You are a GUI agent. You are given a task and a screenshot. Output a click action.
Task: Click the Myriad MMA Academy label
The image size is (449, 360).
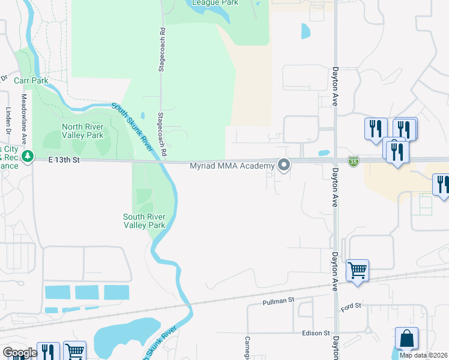coord(232,166)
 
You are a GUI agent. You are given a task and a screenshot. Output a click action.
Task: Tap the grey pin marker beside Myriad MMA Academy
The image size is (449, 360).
coord(284,164)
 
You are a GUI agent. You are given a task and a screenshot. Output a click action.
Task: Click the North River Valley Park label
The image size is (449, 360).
coord(83,131)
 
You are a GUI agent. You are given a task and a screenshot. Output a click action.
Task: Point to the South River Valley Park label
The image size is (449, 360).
coord(144,221)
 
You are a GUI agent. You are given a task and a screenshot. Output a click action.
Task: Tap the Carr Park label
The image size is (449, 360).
coord(31,80)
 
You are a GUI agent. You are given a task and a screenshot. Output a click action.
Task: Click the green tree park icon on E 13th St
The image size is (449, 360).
coord(27,157)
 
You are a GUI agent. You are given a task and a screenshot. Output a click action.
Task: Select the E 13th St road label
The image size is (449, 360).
coord(64,160)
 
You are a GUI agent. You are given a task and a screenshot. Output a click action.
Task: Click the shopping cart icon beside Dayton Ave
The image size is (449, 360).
coord(358,270)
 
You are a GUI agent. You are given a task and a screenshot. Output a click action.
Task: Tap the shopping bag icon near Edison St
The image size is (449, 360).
coord(406,338)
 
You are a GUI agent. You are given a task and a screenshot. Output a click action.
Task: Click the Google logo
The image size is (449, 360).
coord(20,353)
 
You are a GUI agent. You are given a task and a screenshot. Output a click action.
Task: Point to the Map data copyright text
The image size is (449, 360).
coord(423,355)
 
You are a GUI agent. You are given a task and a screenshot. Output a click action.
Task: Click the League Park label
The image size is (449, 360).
coord(215,3)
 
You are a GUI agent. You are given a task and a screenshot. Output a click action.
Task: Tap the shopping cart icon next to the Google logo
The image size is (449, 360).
coord(74,351)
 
